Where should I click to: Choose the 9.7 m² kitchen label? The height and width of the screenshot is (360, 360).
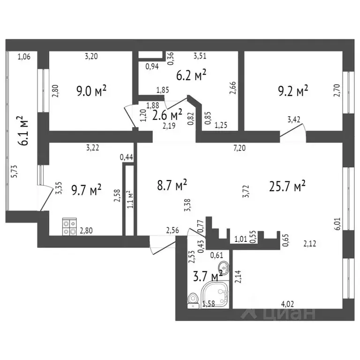click(x=86, y=190)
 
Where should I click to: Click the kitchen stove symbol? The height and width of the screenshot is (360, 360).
click(x=70, y=227)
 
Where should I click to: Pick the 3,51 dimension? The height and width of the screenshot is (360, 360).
click(x=201, y=57)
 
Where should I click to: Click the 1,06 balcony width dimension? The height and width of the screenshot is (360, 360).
click(x=23, y=58)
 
